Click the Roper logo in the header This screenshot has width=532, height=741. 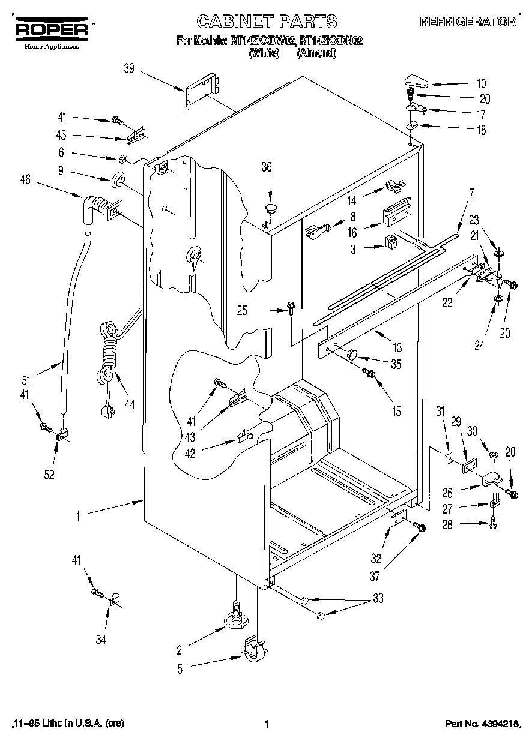50,29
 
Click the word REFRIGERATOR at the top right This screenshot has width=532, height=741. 467,22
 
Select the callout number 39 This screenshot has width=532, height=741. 128,69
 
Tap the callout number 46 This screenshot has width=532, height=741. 25,178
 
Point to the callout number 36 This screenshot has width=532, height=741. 266,167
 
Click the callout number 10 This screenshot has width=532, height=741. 481,83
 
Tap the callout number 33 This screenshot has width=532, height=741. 377,598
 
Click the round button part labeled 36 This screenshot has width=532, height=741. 270,209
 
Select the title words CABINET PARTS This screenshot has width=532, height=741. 267,22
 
